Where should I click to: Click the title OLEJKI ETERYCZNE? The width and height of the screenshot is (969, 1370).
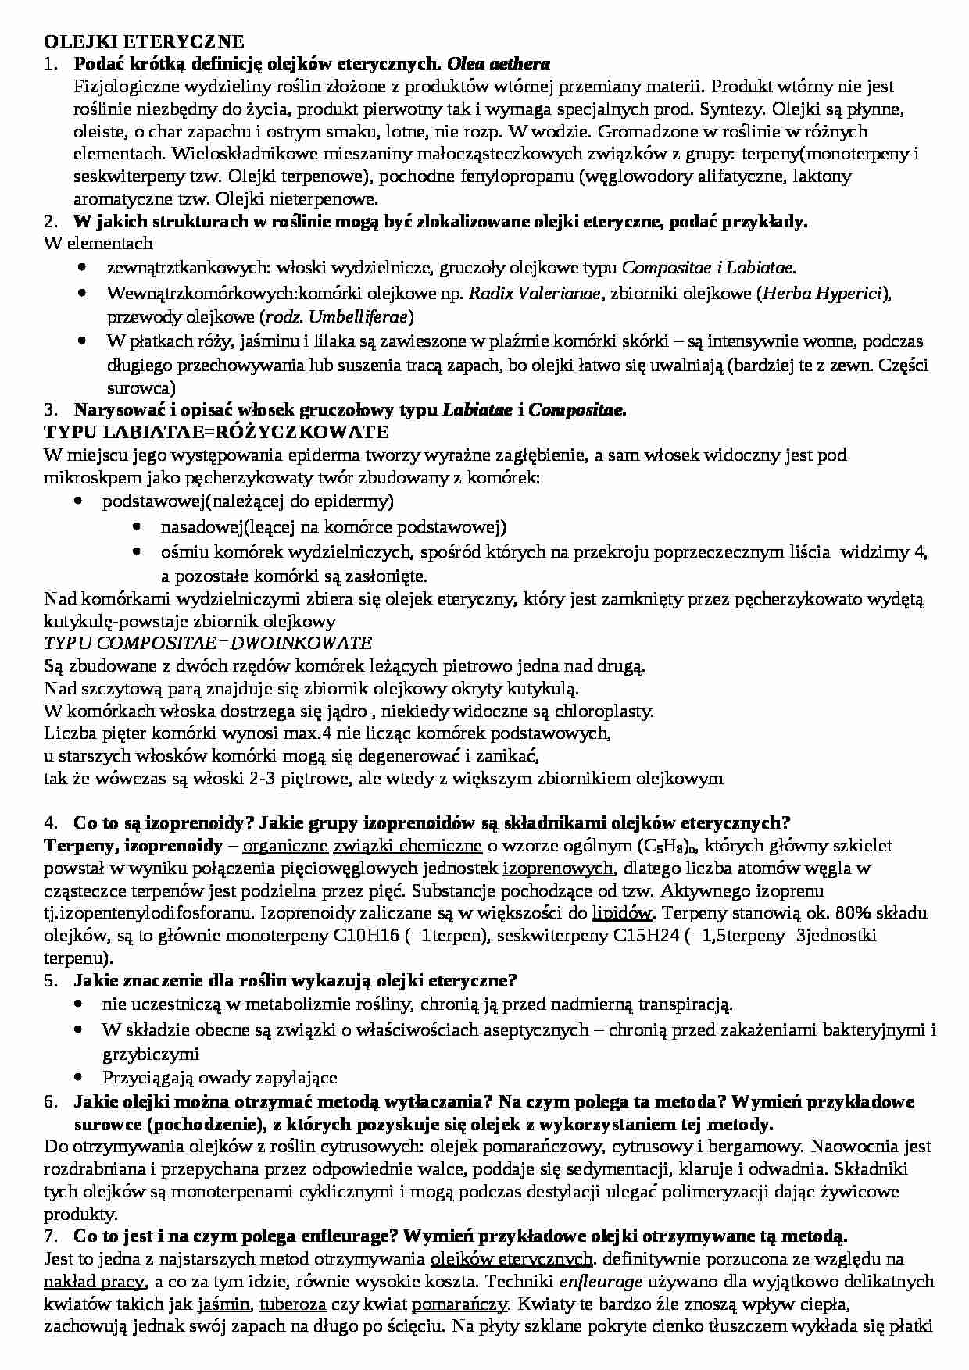144,41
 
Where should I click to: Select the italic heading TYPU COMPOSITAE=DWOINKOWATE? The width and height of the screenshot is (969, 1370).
208,643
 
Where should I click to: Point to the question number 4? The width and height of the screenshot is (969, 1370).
51,822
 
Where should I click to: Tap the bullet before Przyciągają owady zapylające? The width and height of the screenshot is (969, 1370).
80,1076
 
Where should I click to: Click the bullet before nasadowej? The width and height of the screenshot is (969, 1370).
138,526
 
